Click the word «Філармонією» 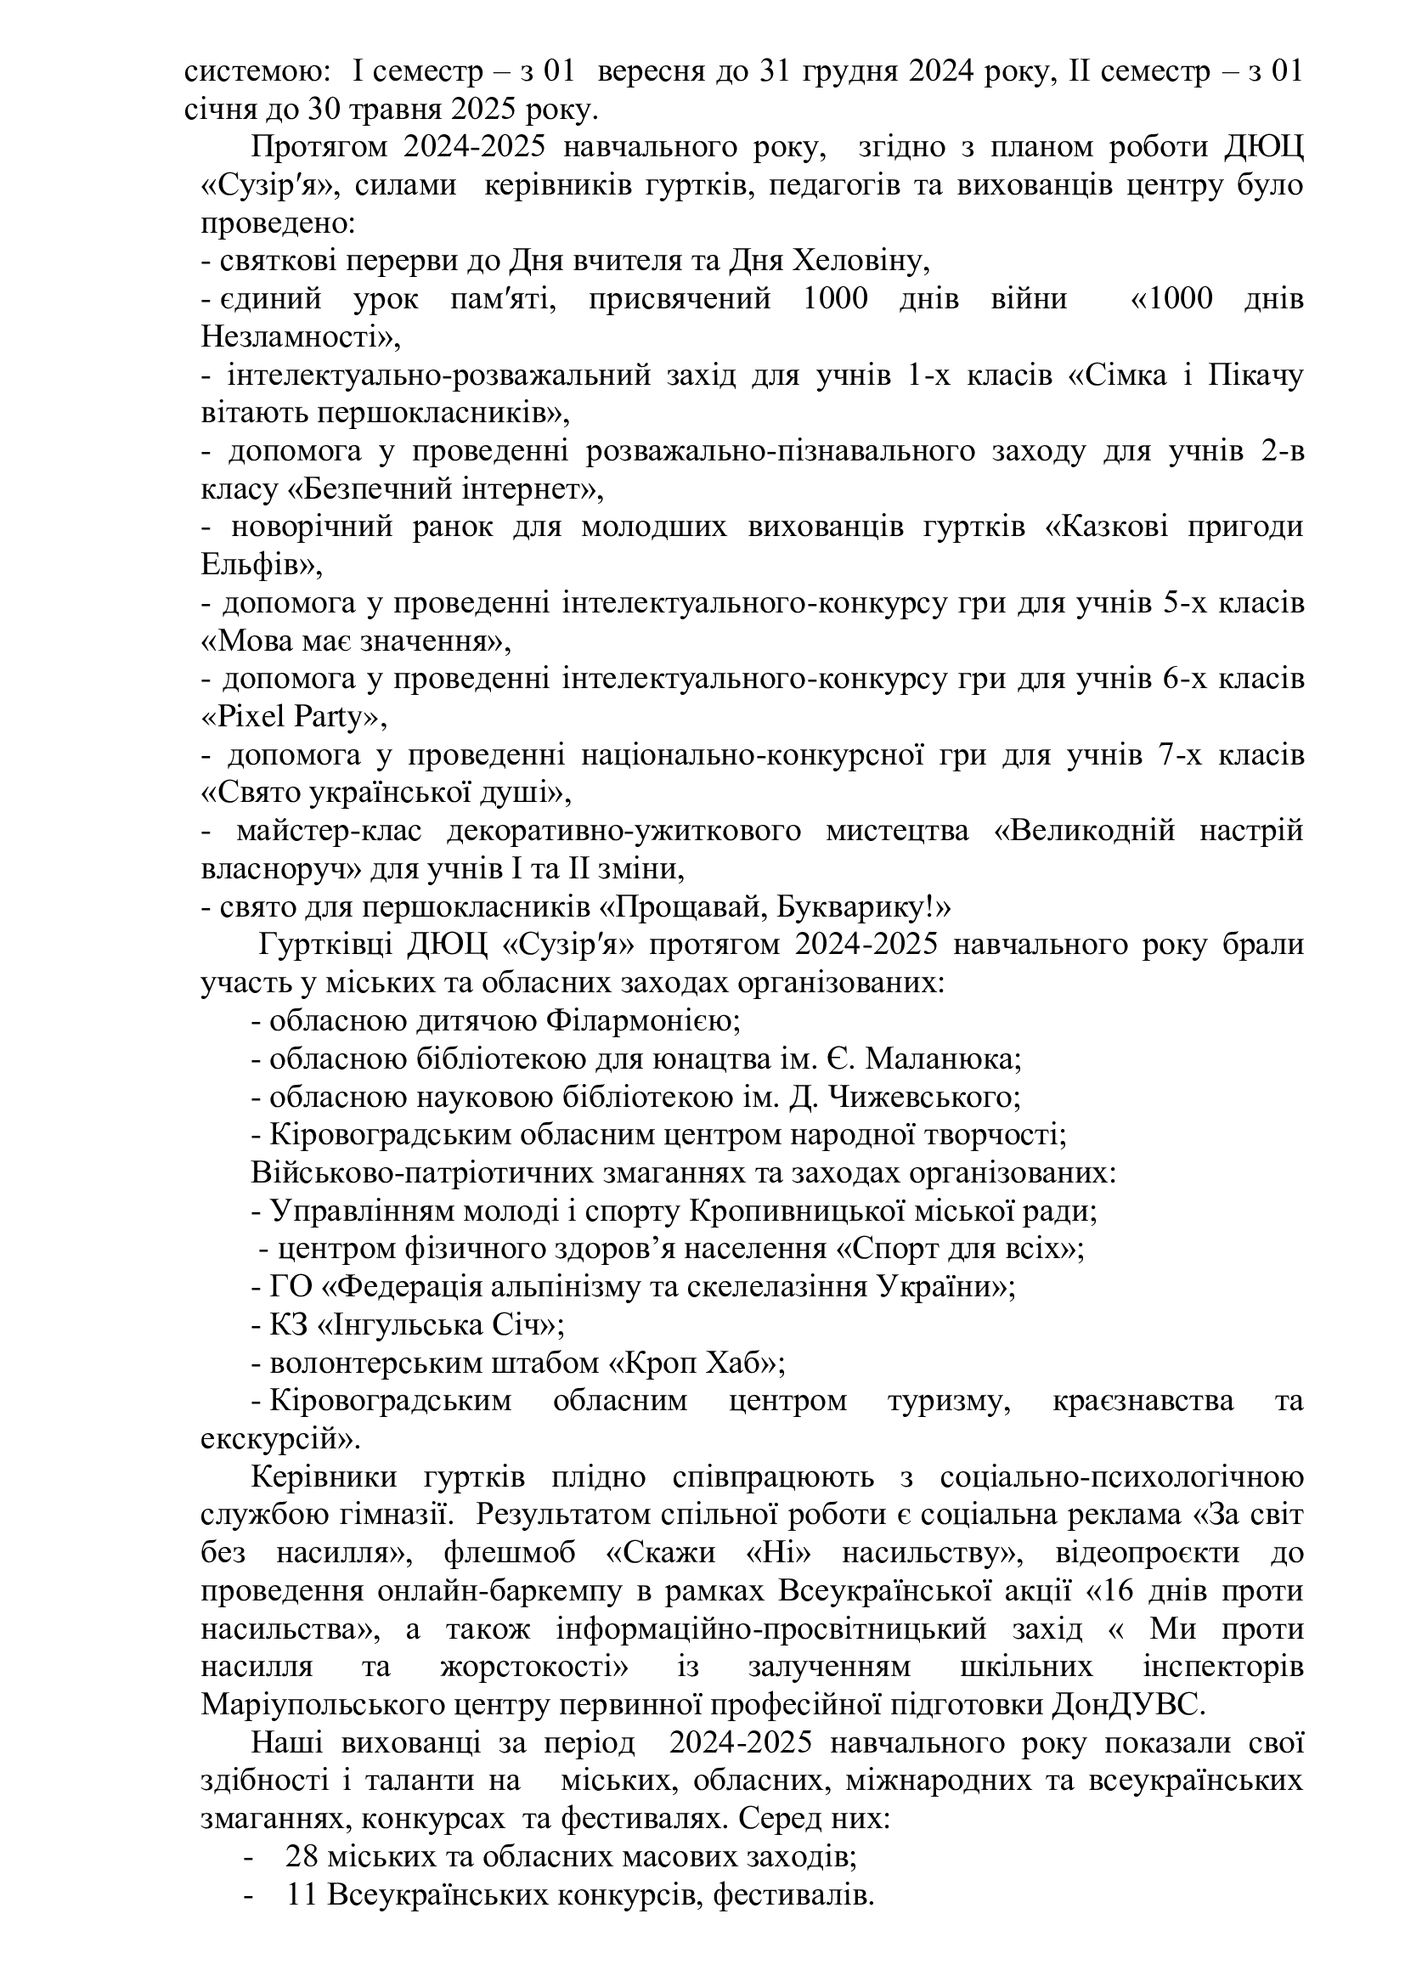[x=641, y=1021]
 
